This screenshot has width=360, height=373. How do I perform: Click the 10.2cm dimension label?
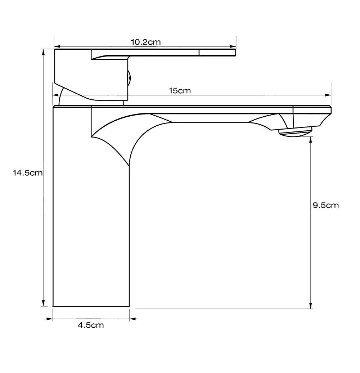(145, 42)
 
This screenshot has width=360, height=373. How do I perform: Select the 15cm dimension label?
(180, 91)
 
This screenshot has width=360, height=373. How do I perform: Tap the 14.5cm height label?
(28, 173)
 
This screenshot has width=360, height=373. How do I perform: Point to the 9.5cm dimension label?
(325, 205)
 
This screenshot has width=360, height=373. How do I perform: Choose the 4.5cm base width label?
(91, 325)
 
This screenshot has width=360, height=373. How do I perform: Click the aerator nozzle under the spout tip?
(295, 132)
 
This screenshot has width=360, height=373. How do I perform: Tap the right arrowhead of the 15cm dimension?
(328, 95)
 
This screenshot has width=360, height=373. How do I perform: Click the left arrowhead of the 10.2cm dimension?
(57, 47)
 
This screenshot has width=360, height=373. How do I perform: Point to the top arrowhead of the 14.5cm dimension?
(43, 52)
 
